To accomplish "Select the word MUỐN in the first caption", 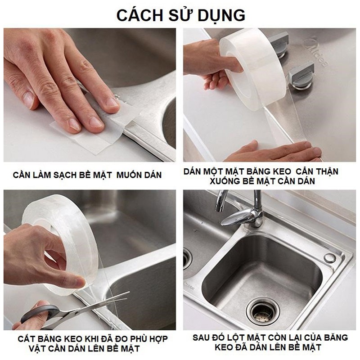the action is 127,175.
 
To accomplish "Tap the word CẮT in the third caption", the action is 26,338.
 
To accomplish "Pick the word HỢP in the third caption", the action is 157,339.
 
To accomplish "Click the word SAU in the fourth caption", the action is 201,337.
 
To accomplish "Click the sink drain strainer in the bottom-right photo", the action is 263,311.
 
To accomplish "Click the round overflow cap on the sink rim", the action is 330,258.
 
